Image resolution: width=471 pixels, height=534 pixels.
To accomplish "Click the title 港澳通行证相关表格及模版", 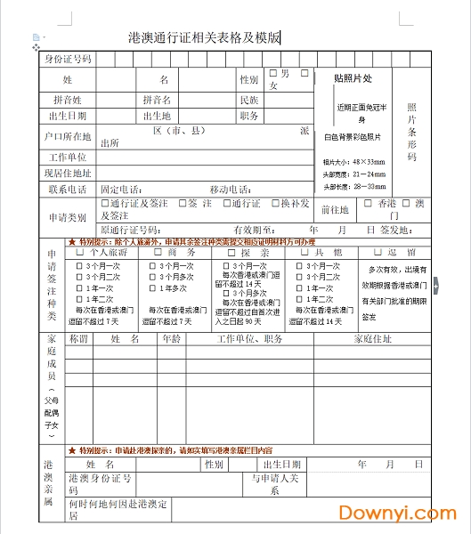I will pos(205,37).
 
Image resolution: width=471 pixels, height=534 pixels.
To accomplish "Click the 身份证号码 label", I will pos(68,60).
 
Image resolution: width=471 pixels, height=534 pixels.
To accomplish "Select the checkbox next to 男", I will pos(273,73).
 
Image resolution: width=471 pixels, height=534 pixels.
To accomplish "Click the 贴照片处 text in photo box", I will pos(352,78).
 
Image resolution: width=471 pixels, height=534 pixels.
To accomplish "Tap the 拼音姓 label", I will pos(68,100).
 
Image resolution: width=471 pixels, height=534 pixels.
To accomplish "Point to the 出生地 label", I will pos(156,116).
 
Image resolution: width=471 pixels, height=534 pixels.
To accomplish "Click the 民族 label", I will pos(249,100).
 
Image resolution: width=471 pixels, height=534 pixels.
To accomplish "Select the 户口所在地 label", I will pos(68,137).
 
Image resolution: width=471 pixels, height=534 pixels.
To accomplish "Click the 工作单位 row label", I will pos(68,158).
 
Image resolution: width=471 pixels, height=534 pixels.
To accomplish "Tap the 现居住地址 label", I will pos(68,174).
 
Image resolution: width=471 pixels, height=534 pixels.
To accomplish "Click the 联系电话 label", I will pos(68,190).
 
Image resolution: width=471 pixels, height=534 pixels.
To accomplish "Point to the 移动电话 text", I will pos(229,190).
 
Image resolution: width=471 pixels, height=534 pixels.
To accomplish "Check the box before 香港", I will pos(368,202).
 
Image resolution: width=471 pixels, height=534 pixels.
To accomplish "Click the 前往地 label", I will pos(334,210).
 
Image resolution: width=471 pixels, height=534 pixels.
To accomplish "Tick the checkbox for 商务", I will pos(156,254).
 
